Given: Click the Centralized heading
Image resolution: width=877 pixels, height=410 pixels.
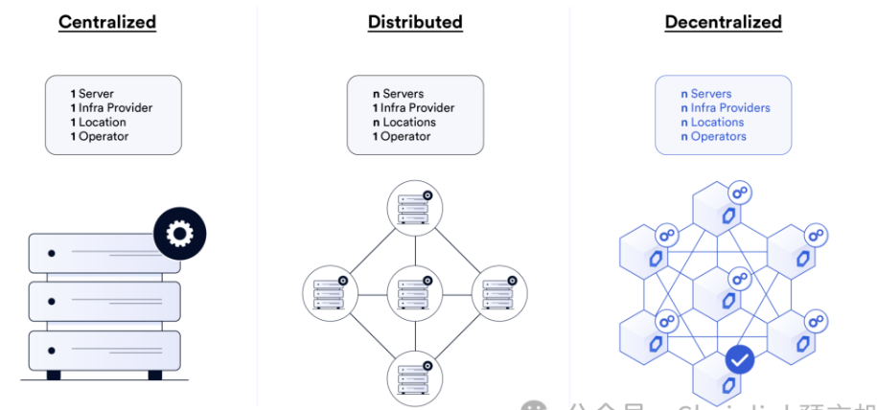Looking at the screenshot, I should point(107,21).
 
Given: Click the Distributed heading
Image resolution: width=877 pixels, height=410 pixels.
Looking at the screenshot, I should point(415,21).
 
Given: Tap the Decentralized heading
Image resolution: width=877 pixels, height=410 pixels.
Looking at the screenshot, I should point(723,21).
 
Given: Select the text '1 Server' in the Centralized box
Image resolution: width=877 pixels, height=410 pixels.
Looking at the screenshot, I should point(92,94).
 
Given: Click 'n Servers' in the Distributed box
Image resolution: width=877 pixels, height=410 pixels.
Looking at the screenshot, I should point(398,94).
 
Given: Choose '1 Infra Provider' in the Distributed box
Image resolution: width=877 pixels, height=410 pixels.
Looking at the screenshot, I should point(413,108).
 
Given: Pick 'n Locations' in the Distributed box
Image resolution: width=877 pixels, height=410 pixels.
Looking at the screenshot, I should point(404,123).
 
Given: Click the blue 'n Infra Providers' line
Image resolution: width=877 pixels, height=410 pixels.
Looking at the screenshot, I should point(725,108).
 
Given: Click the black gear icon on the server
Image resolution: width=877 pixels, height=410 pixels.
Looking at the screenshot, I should point(179,234).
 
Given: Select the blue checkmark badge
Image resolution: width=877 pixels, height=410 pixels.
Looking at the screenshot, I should point(739,360).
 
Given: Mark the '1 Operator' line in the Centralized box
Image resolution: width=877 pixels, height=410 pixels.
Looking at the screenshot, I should point(100,137).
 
